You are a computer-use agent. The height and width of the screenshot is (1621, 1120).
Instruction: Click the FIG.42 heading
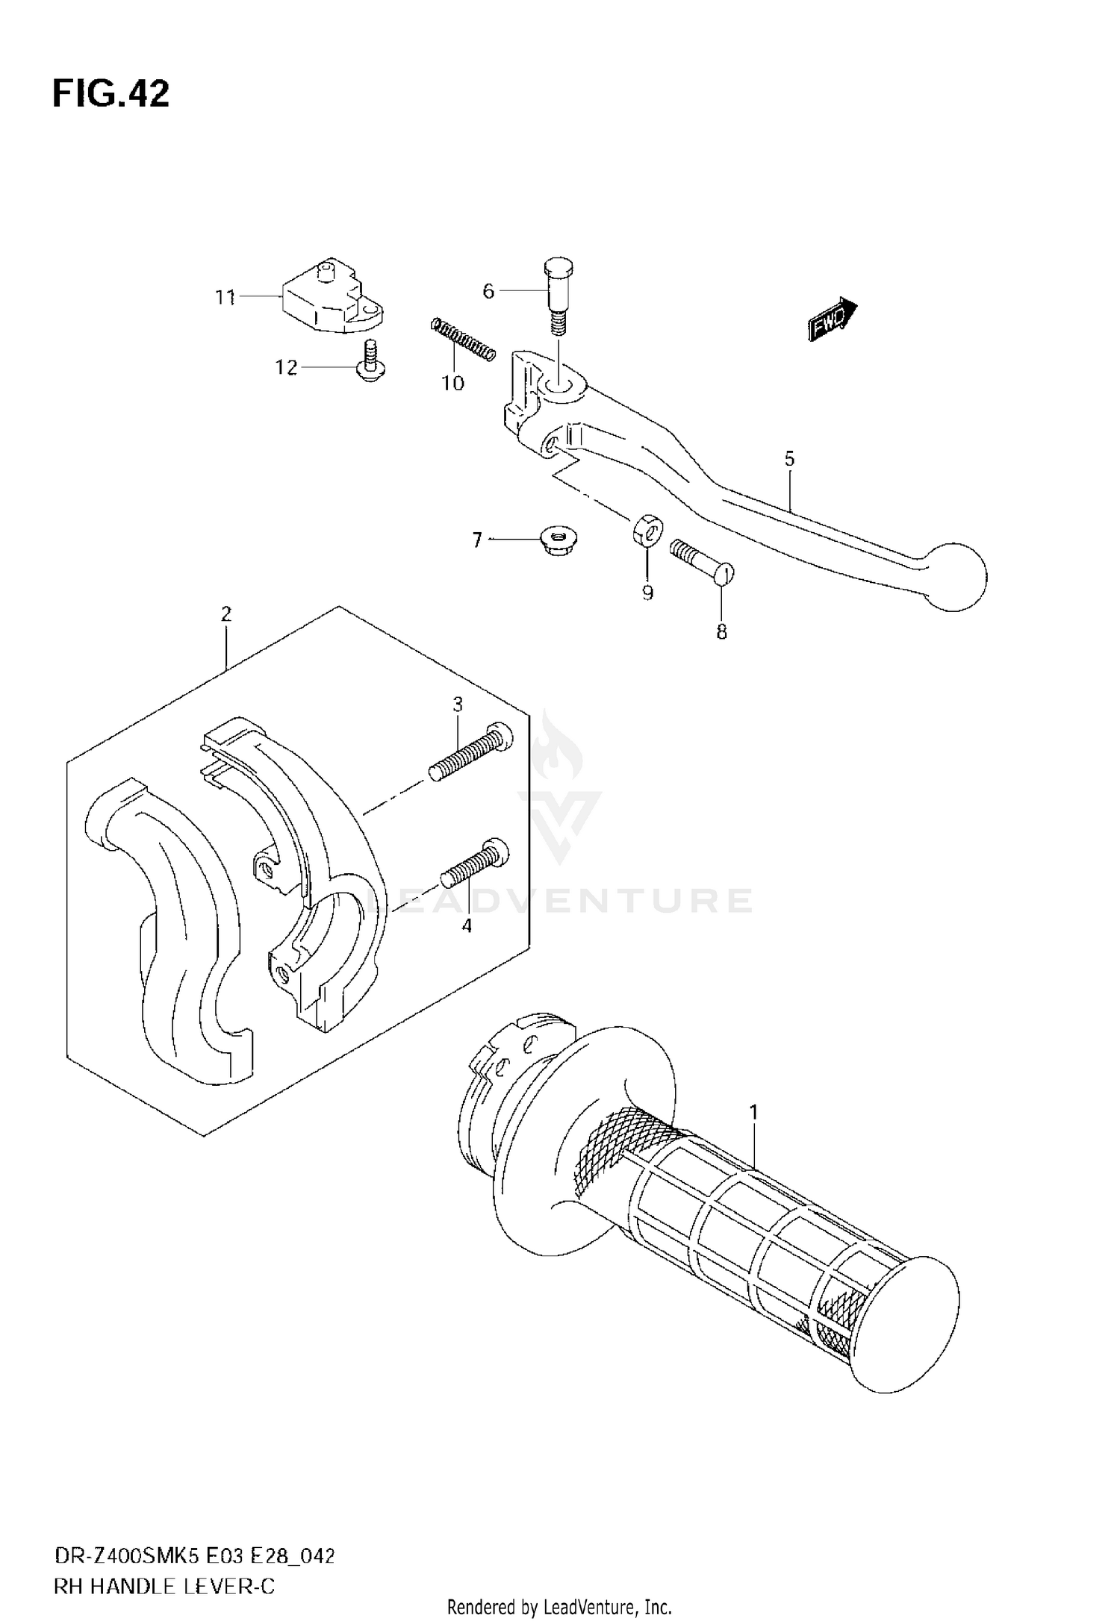pyautogui.click(x=111, y=94)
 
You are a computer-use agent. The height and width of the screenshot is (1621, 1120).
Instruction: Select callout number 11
pyautogui.click(x=225, y=298)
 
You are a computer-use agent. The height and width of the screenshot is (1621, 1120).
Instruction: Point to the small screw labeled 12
pyautogui.click(x=368, y=362)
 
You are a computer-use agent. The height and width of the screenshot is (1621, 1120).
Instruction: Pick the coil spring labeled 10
pyautogui.click(x=463, y=340)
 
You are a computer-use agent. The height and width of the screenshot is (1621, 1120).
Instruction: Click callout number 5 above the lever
pyautogui.click(x=789, y=458)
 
